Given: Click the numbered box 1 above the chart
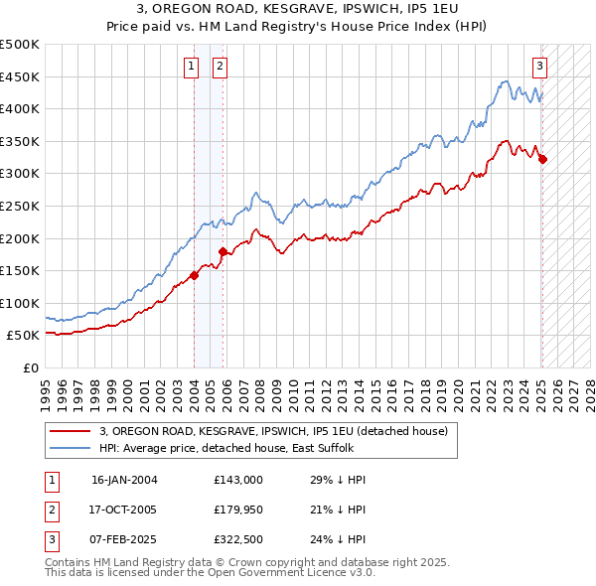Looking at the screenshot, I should (190, 68).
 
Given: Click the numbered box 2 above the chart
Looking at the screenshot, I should (219, 68).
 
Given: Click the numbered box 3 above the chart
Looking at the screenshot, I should (538, 68).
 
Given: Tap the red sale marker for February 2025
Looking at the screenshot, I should (542, 159).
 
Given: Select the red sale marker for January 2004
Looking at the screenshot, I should (195, 276).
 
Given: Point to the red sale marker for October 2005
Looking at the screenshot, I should (223, 251).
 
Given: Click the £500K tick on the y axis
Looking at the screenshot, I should (20, 45).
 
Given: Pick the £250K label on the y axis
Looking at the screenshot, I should (20, 206).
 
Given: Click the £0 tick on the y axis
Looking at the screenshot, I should (31, 367).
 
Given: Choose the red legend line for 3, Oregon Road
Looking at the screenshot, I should (71, 431).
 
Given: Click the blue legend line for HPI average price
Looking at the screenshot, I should (71, 448).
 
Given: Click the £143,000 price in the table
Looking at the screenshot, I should (238, 480).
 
